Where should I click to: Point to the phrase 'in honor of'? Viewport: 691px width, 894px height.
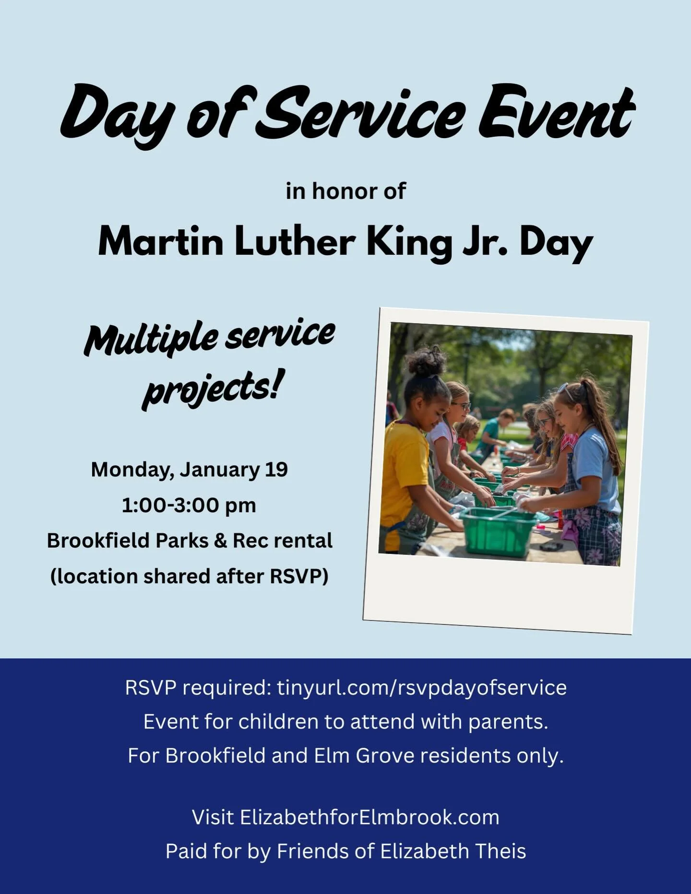(x=345, y=191)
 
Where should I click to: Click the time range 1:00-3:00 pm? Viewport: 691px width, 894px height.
(x=189, y=505)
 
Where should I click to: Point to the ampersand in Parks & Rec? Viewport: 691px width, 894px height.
(x=220, y=541)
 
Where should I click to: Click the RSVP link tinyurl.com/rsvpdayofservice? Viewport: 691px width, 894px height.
(x=421, y=687)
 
